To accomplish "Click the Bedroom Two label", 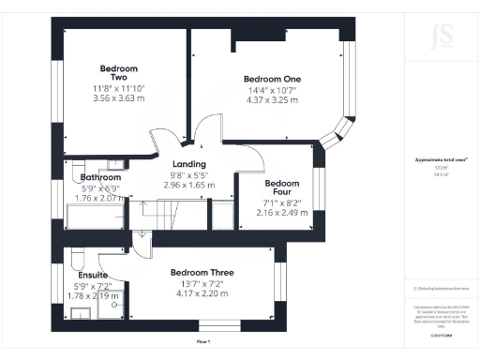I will (119, 74).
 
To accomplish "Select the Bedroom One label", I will (271, 79).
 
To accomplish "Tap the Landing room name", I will (176, 165).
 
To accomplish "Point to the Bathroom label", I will (100, 177).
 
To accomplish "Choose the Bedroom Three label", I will (201, 273).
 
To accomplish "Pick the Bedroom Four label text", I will (281, 188).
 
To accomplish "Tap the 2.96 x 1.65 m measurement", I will (176, 186).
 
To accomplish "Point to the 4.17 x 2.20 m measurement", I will (201, 293).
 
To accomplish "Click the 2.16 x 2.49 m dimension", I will (282, 215).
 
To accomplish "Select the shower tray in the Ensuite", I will (112, 305).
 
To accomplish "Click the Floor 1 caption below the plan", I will (202, 341).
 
